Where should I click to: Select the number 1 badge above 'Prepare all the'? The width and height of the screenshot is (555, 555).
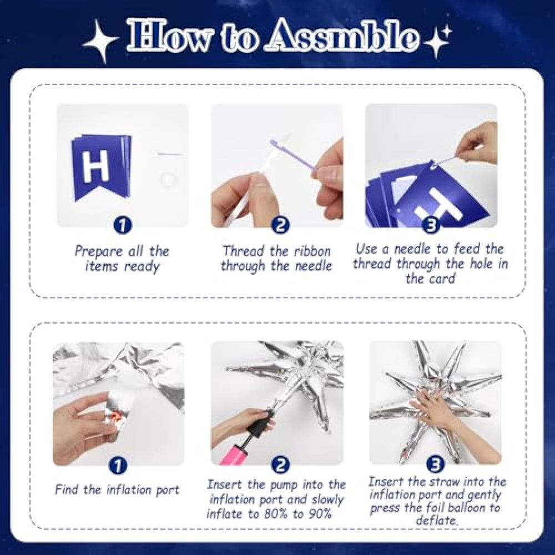(x=123, y=225)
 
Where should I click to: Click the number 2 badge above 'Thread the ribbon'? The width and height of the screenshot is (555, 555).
(x=280, y=225)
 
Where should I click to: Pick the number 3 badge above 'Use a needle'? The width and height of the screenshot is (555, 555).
(x=431, y=225)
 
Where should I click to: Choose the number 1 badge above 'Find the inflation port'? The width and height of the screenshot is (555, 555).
(x=118, y=465)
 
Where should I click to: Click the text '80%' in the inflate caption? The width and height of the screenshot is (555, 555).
(x=276, y=513)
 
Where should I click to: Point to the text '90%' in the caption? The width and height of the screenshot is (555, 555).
(x=320, y=513)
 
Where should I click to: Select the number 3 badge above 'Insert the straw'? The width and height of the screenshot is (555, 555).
(x=435, y=465)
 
